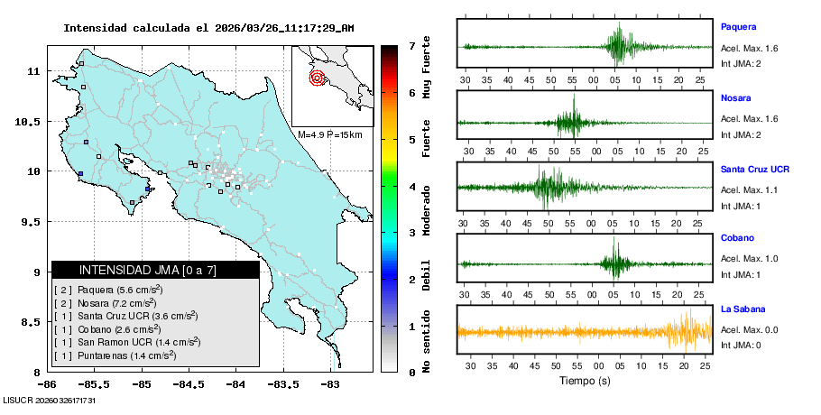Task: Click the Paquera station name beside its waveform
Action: (738, 27)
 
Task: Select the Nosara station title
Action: (735, 97)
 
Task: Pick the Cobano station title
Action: (736, 239)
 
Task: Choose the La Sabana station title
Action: (743, 309)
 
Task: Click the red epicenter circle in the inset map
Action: (317, 78)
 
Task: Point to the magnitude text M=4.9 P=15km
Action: (329, 134)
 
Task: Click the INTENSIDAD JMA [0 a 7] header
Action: (155, 270)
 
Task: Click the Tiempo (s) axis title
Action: (585, 381)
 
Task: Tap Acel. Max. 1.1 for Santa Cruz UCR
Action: (749, 189)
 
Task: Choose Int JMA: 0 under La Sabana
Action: (741, 345)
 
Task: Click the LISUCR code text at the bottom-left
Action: (50, 399)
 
